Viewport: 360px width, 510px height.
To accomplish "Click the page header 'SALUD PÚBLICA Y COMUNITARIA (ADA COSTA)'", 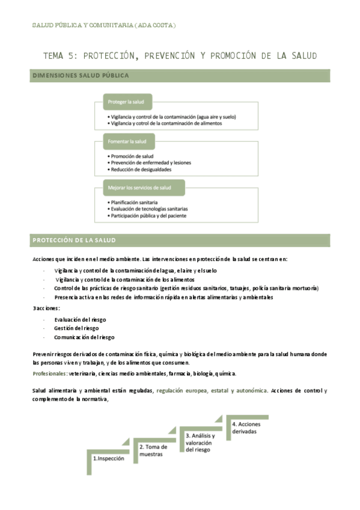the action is pyautogui.click(x=103, y=25).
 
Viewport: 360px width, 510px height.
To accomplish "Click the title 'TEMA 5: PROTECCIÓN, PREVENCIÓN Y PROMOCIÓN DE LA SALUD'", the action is pyautogui.click(x=180, y=56).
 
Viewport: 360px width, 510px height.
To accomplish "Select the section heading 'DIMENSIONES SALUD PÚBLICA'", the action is pyautogui.click(x=80, y=76).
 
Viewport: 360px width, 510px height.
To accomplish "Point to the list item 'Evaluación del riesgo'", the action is pyautogui.click(x=79, y=319).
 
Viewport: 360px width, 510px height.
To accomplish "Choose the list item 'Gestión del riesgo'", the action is pyautogui.click(x=76, y=328).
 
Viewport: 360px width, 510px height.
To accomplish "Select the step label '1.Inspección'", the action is pyautogui.click(x=109, y=458).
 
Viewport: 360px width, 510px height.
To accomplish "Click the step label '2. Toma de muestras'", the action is pyautogui.click(x=153, y=450).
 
